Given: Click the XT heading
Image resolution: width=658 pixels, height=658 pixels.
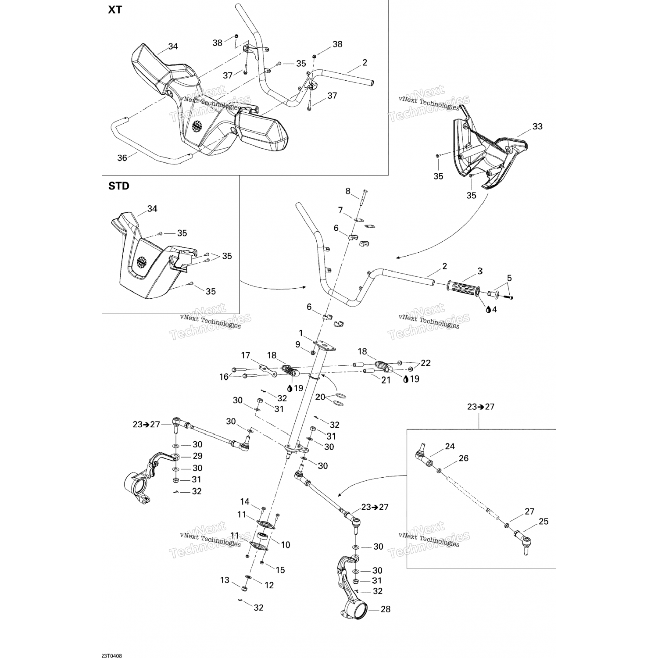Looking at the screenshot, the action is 115,10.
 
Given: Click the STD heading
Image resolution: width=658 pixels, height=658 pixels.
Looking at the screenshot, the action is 119,186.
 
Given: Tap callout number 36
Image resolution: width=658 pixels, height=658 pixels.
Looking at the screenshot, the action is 122,157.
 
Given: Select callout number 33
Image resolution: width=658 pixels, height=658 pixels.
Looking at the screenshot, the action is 537,127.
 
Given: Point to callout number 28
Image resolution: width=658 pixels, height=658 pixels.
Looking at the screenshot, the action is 385,609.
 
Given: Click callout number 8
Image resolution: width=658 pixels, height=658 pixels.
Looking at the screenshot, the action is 348,191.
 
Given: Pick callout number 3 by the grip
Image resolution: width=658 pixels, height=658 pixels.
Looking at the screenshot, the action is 480,271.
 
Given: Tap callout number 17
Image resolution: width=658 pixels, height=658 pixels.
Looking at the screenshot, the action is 245,355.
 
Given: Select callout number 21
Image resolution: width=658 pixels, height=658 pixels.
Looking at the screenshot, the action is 386,380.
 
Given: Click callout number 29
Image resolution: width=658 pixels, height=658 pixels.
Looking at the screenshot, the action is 198,457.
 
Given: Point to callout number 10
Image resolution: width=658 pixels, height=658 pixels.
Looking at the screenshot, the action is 286,545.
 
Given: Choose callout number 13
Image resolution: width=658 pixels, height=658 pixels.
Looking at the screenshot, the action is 225,580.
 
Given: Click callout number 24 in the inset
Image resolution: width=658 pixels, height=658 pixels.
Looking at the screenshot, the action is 450,447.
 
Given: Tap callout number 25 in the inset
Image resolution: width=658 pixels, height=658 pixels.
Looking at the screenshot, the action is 544,522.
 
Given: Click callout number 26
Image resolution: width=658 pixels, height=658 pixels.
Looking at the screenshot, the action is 464,458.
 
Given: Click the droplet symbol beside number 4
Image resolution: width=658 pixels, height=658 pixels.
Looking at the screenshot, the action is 488,309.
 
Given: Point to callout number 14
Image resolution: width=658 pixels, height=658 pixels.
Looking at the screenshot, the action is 244,502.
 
